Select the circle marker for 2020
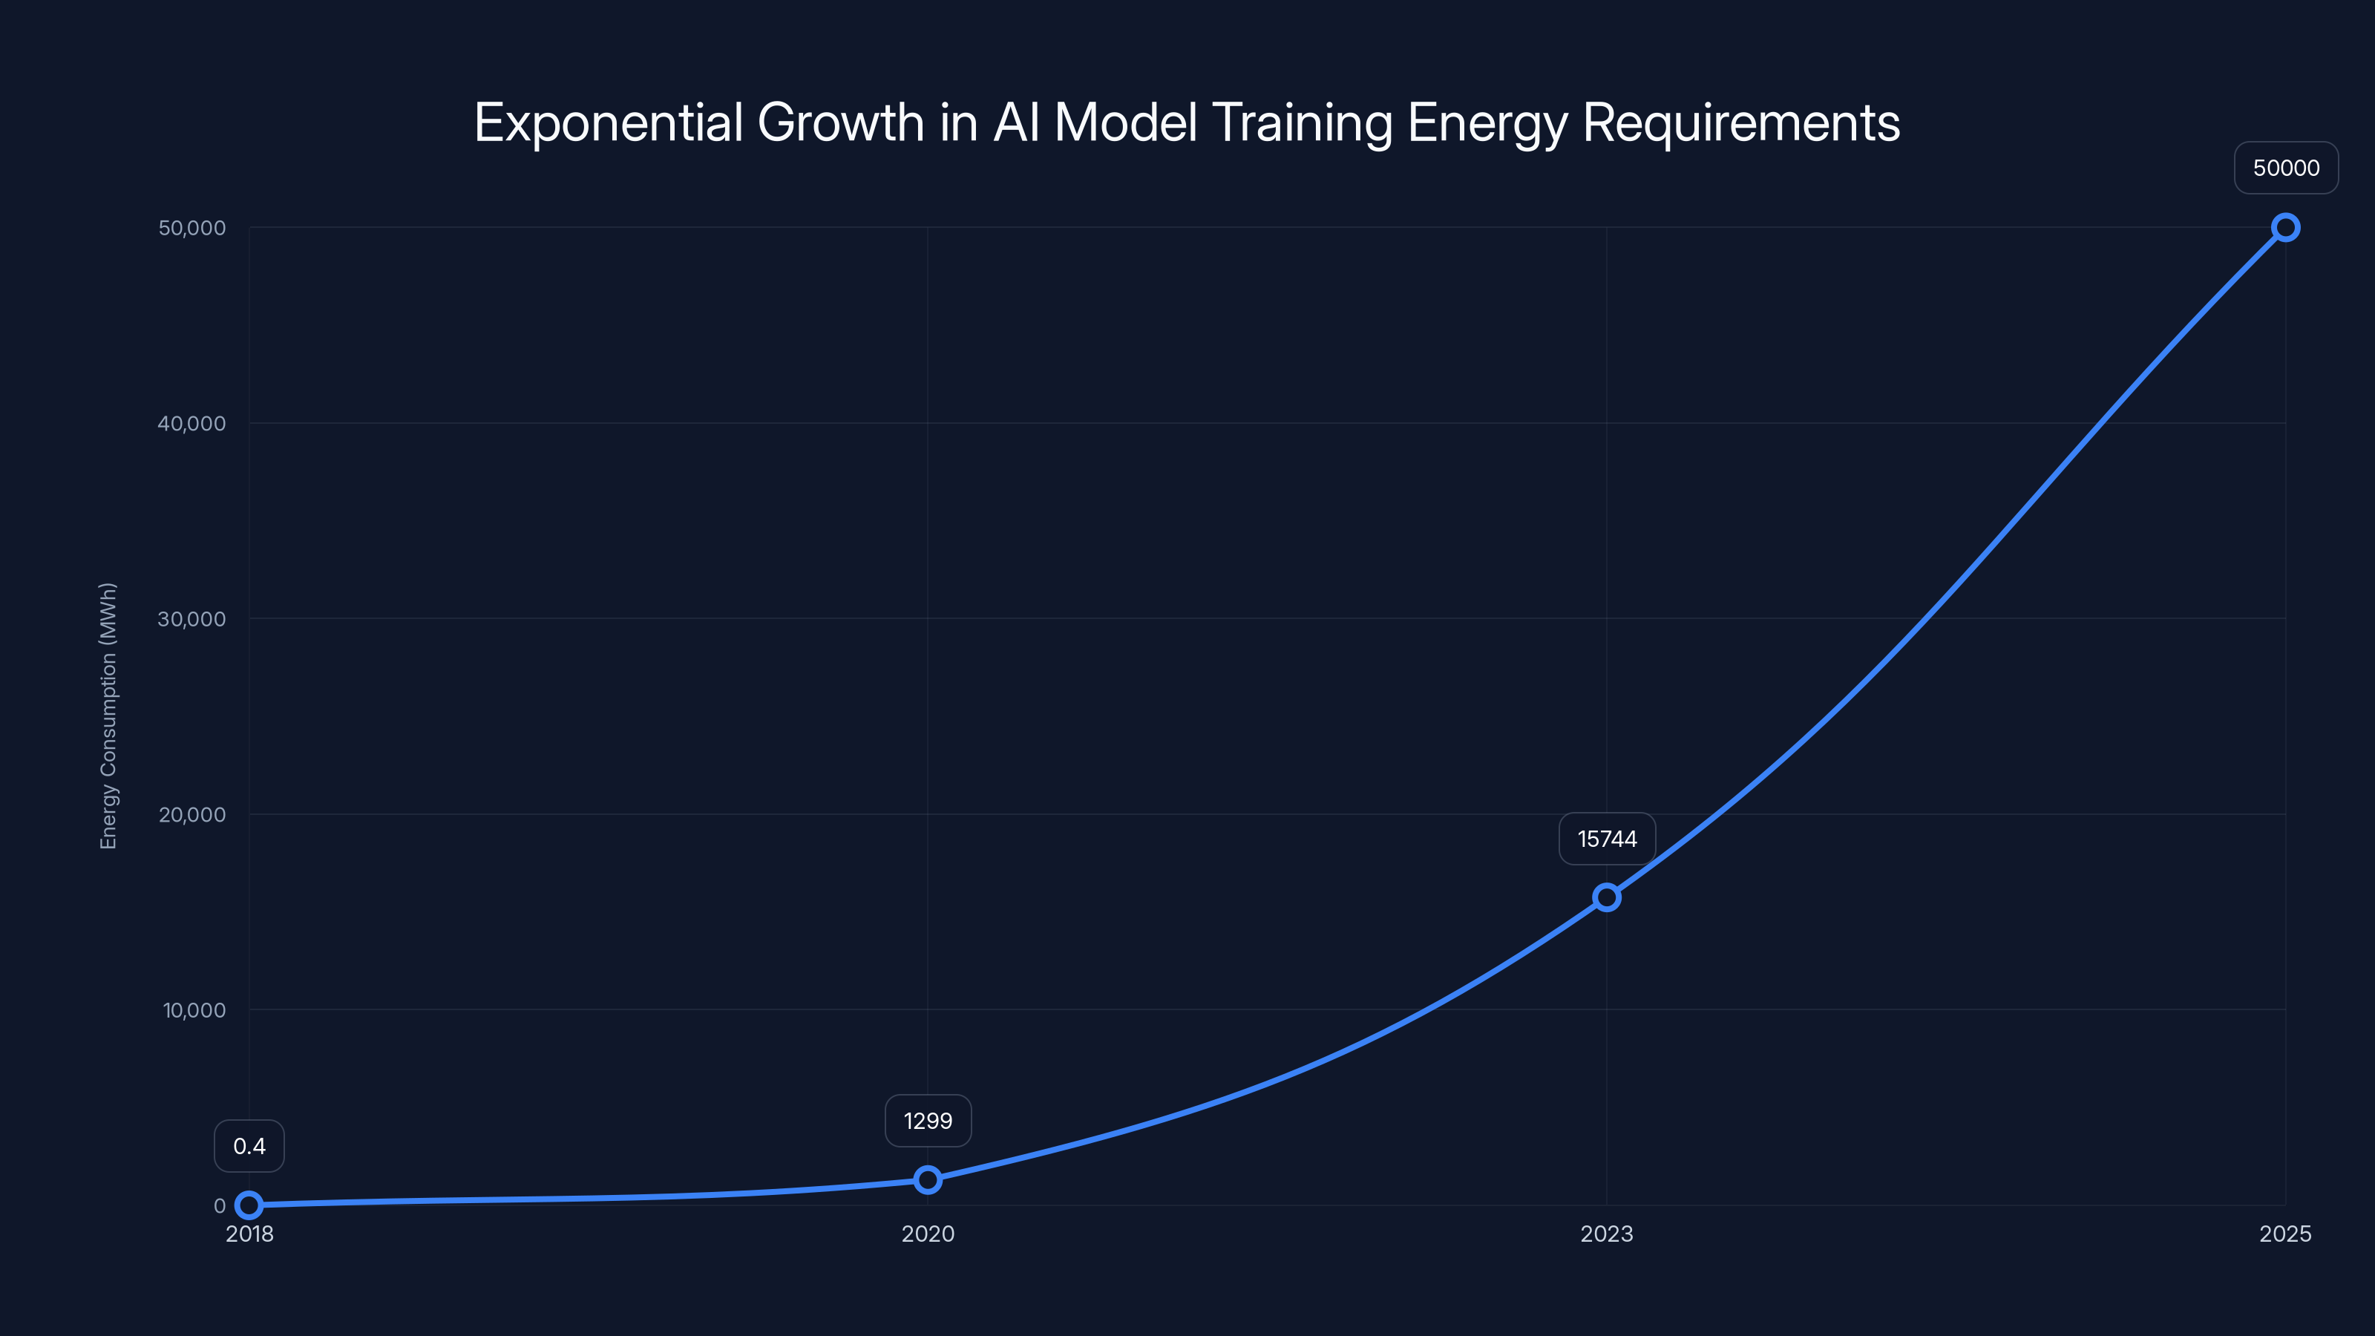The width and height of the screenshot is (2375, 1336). click(928, 1179)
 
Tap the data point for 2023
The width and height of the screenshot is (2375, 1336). click(1606, 897)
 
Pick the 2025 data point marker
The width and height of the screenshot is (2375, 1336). click(2284, 228)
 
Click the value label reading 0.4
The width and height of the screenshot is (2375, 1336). click(249, 1146)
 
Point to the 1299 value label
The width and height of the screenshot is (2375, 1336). click(928, 1121)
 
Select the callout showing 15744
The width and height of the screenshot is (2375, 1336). click(1606, 839)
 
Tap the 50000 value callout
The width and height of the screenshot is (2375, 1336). click(2286, 168)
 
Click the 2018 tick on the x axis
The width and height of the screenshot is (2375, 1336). click(249, 1234)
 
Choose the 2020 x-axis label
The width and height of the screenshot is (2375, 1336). click(928, 1234)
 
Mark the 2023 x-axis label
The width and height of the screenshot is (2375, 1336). click(1606, 1234)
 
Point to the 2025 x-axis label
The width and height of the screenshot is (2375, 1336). click(2284, 1234)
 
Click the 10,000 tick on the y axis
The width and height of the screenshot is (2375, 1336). click(194, 1009)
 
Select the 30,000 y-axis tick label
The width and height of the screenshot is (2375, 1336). click(191, 619)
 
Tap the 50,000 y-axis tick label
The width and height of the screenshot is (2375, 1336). click(191, 228)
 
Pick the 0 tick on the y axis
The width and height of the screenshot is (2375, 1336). click(220, 1205)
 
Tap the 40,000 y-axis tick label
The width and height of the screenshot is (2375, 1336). click(191, 423)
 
